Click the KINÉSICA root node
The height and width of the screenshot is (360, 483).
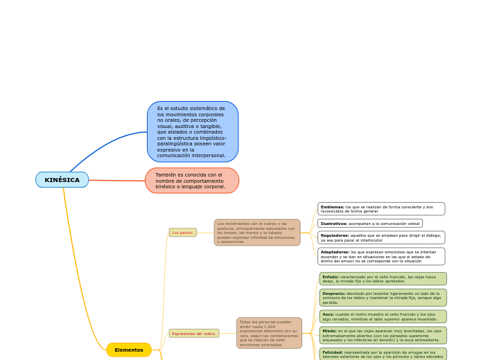pos(62,180)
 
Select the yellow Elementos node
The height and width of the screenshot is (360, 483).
pos(129,350)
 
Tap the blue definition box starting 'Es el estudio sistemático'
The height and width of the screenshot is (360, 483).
pos(192,132)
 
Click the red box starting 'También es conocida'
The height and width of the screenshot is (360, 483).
pos(192,181)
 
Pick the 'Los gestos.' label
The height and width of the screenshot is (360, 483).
pos(183,233)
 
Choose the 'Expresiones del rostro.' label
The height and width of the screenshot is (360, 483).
pos(194,334)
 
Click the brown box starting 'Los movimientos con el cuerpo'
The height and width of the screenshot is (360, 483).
pos(257,233)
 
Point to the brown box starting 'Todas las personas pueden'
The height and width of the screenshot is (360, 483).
pos(269,333)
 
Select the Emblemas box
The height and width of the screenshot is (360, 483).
pos(381,208)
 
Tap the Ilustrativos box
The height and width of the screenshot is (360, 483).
pos(370,224)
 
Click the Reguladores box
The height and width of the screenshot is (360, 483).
pos(381,237)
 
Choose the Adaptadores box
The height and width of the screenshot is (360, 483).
pos(381,256)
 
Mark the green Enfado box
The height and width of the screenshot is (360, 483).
pos(383,279)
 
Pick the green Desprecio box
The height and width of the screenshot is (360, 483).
pos(383,298)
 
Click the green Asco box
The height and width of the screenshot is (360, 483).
pos(383,316)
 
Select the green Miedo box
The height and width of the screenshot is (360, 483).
pos(383,335)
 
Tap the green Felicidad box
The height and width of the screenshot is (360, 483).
pos(383,354)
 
